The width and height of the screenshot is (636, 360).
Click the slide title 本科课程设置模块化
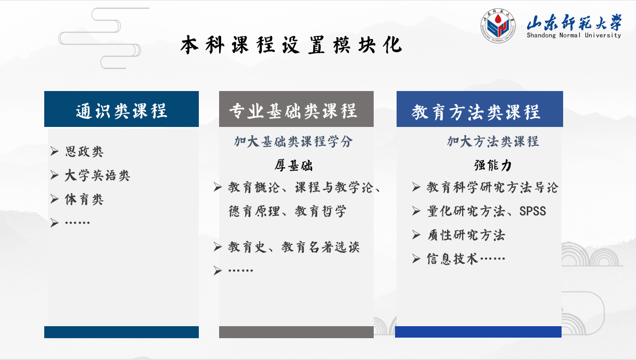click(x=291, y=45)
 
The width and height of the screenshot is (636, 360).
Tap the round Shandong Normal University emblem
click(x=498, y=25)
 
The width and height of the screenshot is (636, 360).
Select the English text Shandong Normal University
click(x=574, y=35)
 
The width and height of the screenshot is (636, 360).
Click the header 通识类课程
click(x=121, y=111)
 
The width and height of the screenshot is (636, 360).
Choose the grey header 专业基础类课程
click(x=292, y=111)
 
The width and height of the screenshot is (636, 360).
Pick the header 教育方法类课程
click(x=476, y=112)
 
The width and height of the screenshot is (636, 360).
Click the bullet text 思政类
click(x=84, y=151)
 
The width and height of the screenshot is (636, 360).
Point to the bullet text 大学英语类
click(x=97, y=175)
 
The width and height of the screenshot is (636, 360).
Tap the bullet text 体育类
click(x=84, y=199)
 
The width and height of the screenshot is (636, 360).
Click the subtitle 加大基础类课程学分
click(x=294, y=142)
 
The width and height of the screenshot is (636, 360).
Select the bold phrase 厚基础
click(x=294, y=165)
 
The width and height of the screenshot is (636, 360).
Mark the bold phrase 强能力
click(x=493, y=165)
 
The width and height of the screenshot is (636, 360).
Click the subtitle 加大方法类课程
click(x=493, y=142)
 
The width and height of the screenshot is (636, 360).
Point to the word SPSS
click(x=532, y=211)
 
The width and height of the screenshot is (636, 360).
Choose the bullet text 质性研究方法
click(x=466, y=235)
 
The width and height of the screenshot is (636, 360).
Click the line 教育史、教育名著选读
click(x=294, y=247)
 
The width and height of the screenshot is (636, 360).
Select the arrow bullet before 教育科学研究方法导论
click(x=416, y=187)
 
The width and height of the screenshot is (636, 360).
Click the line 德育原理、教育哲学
click(x=287, y=211)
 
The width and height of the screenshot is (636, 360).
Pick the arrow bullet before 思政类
click(x=54, y=151)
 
